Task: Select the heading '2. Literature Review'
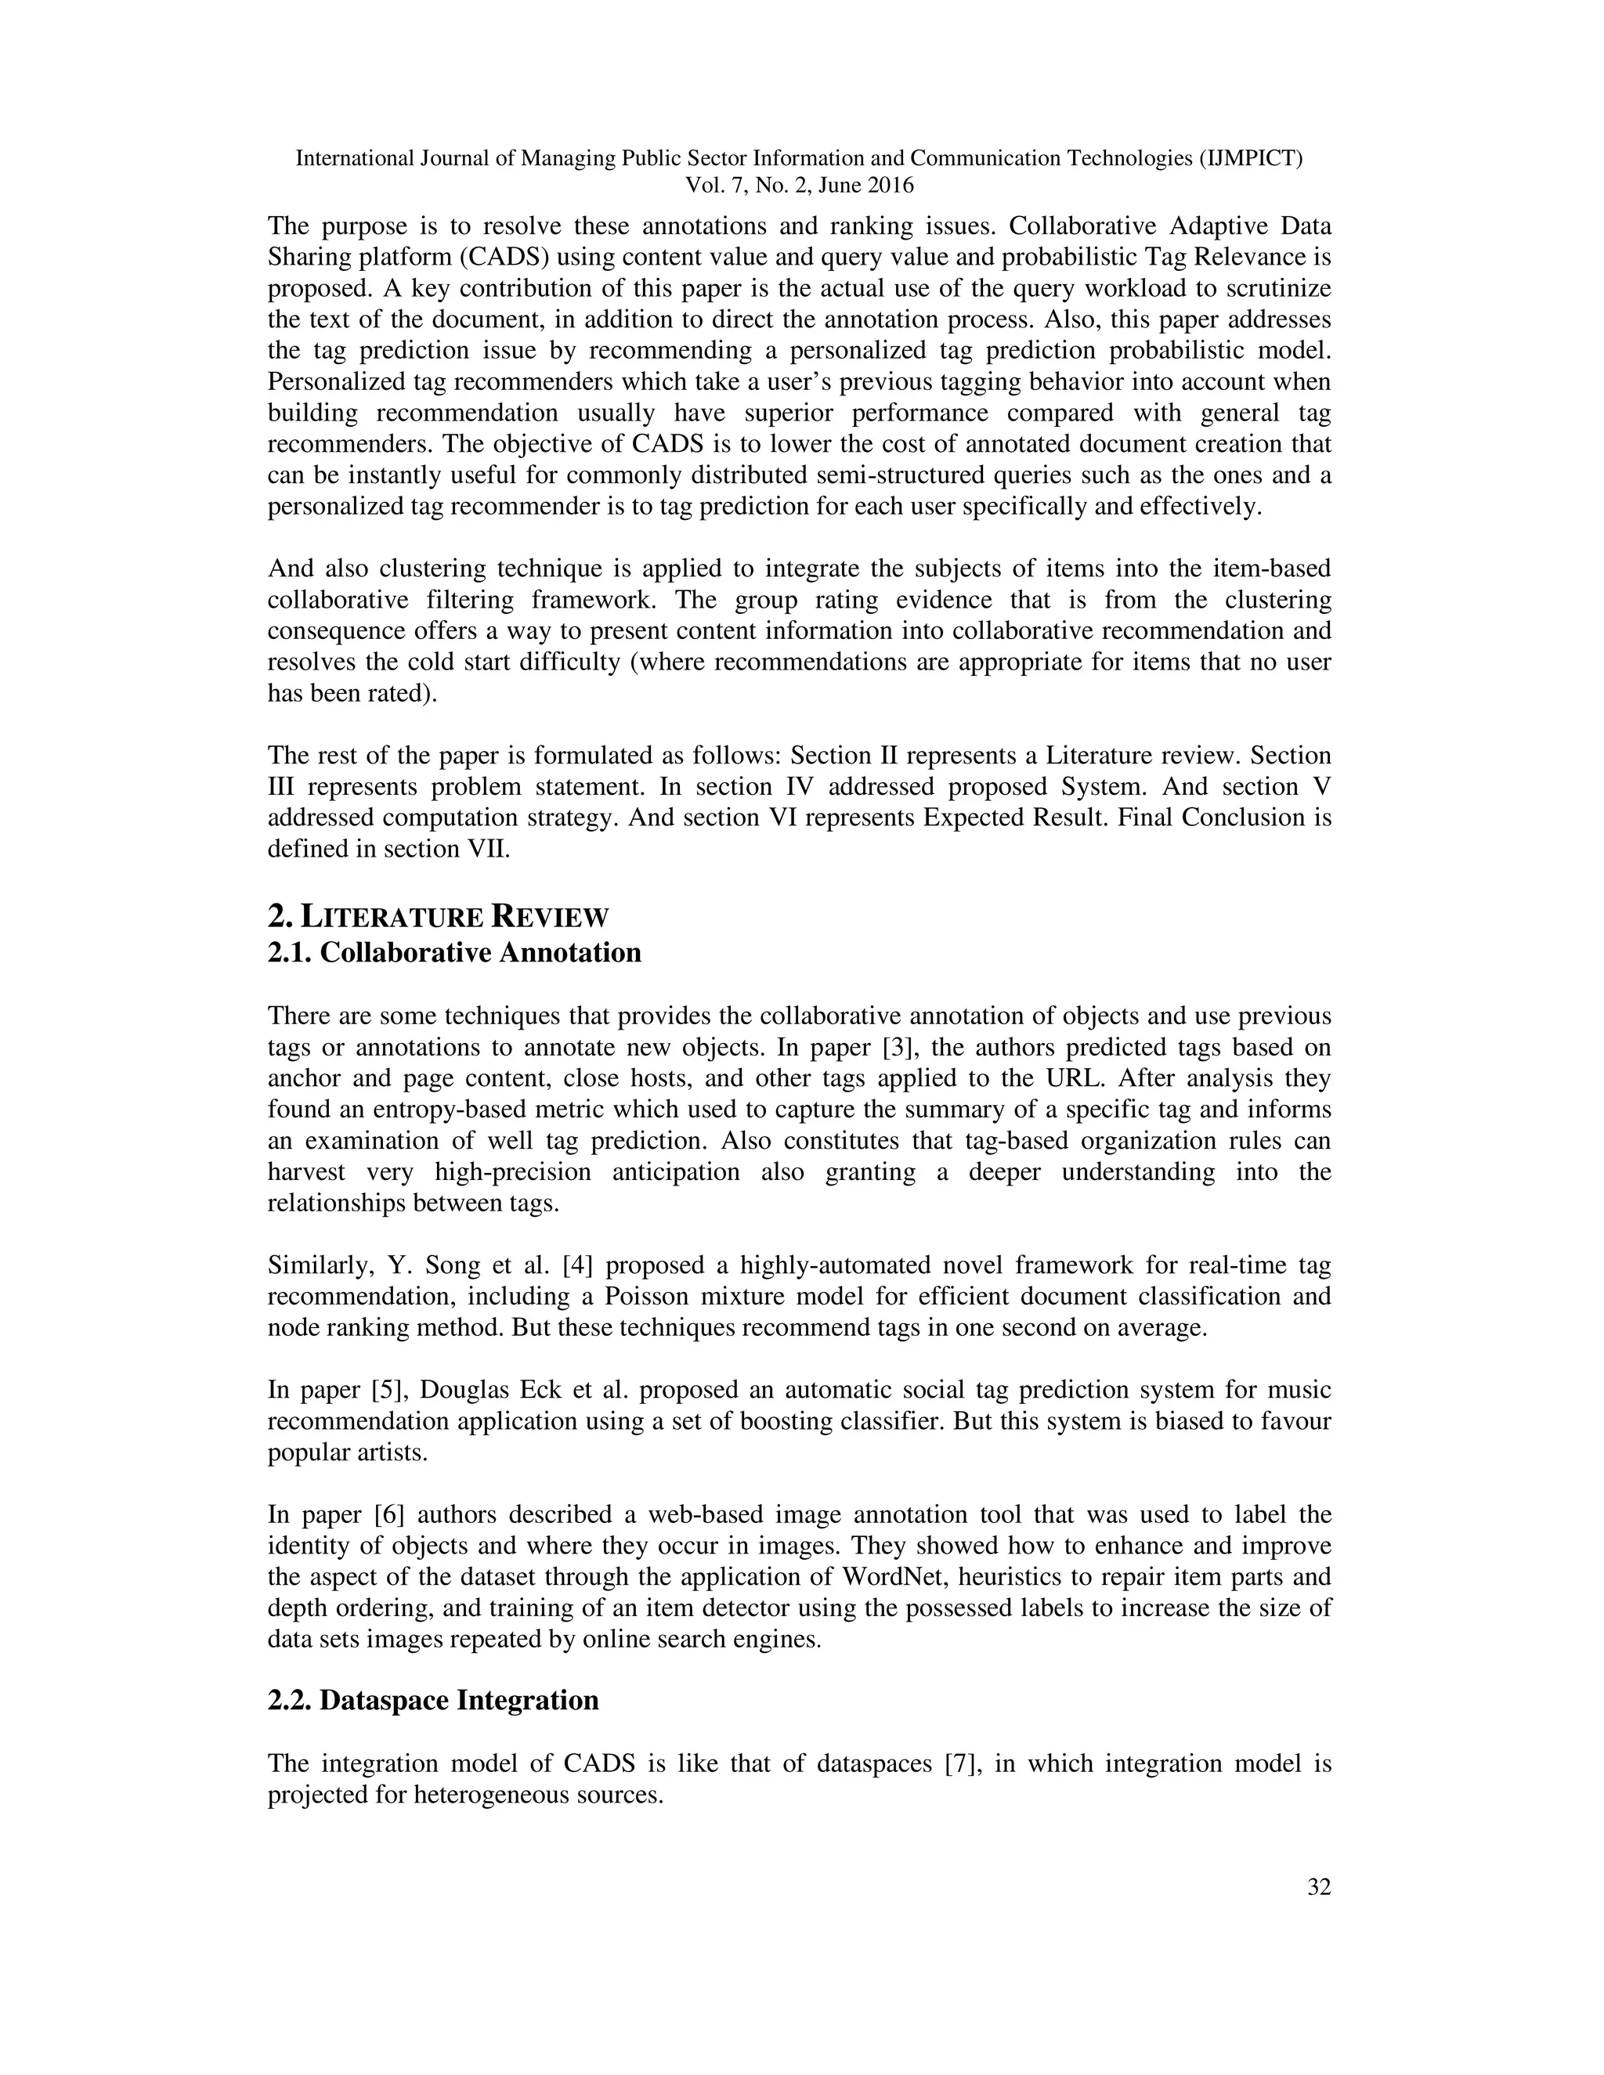coord(438,917)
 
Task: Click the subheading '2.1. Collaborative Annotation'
coord(454,952)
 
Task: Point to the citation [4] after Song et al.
coord(579,1265)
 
